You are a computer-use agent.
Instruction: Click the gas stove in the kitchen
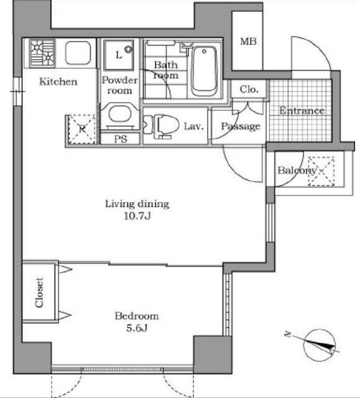click(x=42, y=53)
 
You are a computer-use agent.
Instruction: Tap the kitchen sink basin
click(x=78, y=53)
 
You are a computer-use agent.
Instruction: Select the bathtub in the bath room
click(x=204, y=70)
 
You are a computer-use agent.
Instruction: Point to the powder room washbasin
click(x=120, y=114)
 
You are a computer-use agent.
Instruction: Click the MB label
click(x=248, y=41)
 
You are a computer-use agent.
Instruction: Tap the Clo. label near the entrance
click(x=249, y=89)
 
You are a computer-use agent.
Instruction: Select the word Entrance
click(x=302, y=111)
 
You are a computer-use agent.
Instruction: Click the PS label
click(x=121, y=139)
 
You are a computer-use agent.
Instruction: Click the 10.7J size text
click(x=137, y=216)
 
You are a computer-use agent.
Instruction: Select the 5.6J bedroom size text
click(x=137, y=328)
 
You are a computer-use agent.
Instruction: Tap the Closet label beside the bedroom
click(x=39, y=293)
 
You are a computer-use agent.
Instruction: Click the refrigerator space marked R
click(x=81, y=129)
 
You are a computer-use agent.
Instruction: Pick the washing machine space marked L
click(x=119, y=55)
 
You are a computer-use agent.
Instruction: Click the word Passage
click(x=241, y=126)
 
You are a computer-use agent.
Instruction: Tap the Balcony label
click(x=297, y=170)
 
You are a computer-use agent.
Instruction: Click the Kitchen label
click(x=58, y=81)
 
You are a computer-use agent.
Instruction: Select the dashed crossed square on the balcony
click(x=321, y=172)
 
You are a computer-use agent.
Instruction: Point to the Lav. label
click(x=194, y=126)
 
